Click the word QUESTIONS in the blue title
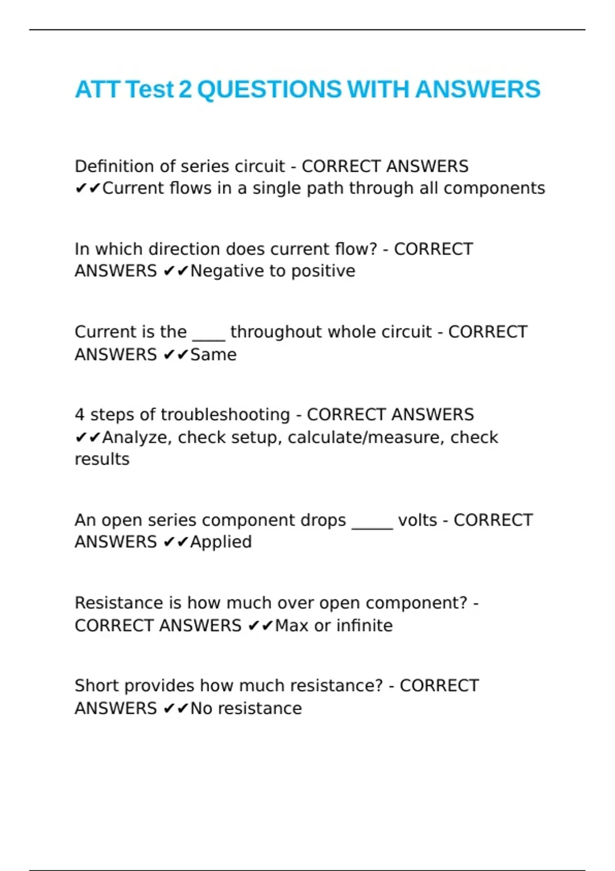point(269,89)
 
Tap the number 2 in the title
point(185,89)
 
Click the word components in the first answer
point(494,189)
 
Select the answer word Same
point(213,354)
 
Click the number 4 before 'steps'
point(79,414)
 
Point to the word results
point(102,459)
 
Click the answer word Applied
point(221,542)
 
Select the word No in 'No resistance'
point(201,708)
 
